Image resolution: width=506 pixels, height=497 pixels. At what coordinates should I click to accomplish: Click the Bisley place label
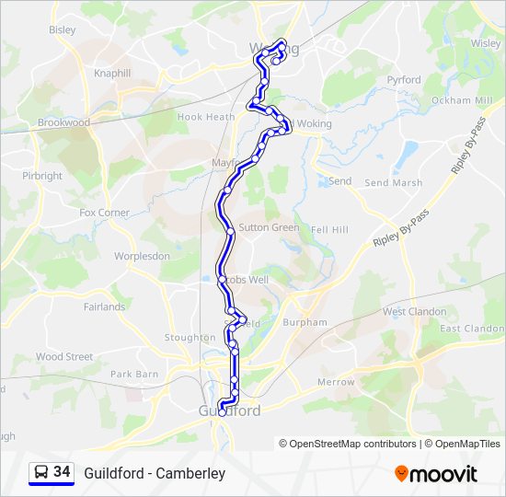click(x=63, y=29)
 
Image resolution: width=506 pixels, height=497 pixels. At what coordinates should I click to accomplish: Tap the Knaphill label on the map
click(x=113, y=73)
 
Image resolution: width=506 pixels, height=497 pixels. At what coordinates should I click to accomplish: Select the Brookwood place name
click(x=63, y=121)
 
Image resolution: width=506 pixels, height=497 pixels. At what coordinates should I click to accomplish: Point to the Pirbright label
click(x=42, y=175)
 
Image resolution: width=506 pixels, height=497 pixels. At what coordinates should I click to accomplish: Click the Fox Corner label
click(x=104, y=212)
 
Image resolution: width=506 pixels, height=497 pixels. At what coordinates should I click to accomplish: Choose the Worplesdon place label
click(x=142, y=256)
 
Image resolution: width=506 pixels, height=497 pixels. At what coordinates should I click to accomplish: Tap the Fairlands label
click(x=104, y=306)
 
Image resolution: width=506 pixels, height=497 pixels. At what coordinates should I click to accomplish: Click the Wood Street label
click(x=64, y=356)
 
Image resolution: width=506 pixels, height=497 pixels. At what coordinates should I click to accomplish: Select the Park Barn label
click(x=134, y=375)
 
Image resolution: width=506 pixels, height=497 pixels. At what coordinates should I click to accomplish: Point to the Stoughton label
click(x=190, y=338)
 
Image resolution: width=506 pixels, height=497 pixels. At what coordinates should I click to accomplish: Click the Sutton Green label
click(x=269, y=227)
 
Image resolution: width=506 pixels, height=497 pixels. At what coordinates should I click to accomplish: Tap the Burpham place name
click(x=305, y=322)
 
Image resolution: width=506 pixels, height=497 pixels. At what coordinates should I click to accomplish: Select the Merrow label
click(x=336, y=381)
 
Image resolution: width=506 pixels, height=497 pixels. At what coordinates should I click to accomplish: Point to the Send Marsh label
click(x=394, y=182)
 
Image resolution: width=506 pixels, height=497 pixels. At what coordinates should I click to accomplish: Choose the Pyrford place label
click(x=404, y=80)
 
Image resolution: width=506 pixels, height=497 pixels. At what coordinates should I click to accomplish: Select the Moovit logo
click(x=436, y=473)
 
